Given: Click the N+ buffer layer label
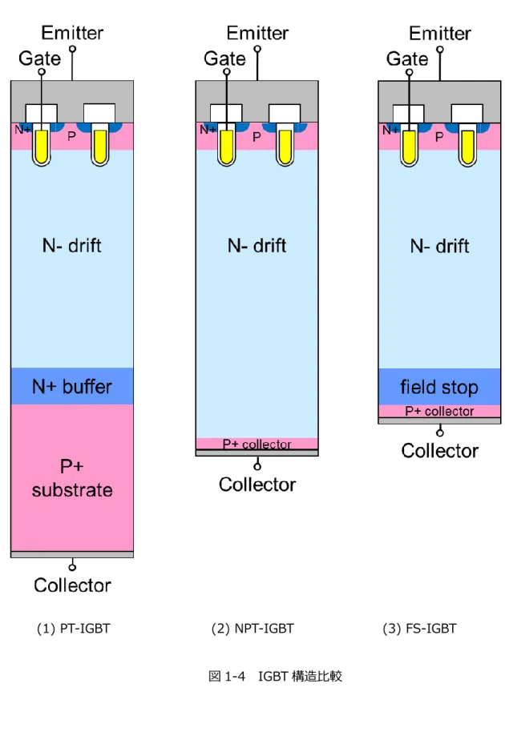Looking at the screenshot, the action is (72, 387).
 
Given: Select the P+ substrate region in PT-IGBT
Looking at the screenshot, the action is (72, 477).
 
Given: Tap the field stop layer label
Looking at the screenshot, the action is (439, 387).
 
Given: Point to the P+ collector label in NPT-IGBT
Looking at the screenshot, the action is (257, 444).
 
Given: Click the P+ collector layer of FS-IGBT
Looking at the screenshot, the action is (439, 411).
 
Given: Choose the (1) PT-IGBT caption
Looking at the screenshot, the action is (74, 629).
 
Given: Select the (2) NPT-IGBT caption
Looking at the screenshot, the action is (252, 629).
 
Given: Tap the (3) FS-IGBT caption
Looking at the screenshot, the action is (419, 629).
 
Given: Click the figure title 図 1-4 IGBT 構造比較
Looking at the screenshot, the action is (275, 676).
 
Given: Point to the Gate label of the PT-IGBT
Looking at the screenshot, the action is (39, 58).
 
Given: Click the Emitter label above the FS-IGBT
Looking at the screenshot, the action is (440, 34).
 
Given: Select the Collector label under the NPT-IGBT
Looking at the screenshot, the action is (257, 485).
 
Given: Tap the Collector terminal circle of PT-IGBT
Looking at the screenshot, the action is (72, 567).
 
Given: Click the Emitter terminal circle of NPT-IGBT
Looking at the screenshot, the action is (257, 49).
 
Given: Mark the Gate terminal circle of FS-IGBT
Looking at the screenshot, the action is (409, 73).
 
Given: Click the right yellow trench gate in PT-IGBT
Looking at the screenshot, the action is (100, 146).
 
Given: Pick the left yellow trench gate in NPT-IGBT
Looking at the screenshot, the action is (226, 146).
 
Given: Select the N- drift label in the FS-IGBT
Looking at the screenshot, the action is (439, 246).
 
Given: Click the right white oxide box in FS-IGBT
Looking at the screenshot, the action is (467, 113).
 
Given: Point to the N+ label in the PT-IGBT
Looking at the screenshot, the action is (22, 129).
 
